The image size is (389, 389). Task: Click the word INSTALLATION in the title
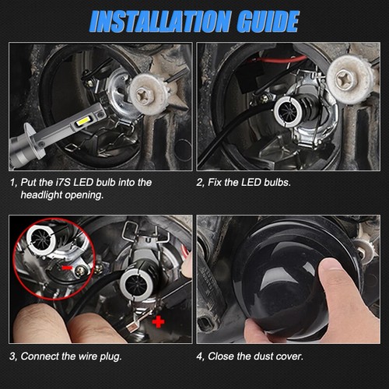160,22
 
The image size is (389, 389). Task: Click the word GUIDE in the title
268,22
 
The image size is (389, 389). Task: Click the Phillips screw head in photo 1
144,95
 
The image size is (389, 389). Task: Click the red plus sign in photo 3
158,322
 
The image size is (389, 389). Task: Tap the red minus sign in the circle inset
67,268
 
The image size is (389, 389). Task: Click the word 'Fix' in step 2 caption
215,182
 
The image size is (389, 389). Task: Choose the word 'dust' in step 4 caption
264,356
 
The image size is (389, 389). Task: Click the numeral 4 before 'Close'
199,356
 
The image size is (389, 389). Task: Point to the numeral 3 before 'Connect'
12,356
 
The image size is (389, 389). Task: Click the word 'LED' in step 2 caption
251,182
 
